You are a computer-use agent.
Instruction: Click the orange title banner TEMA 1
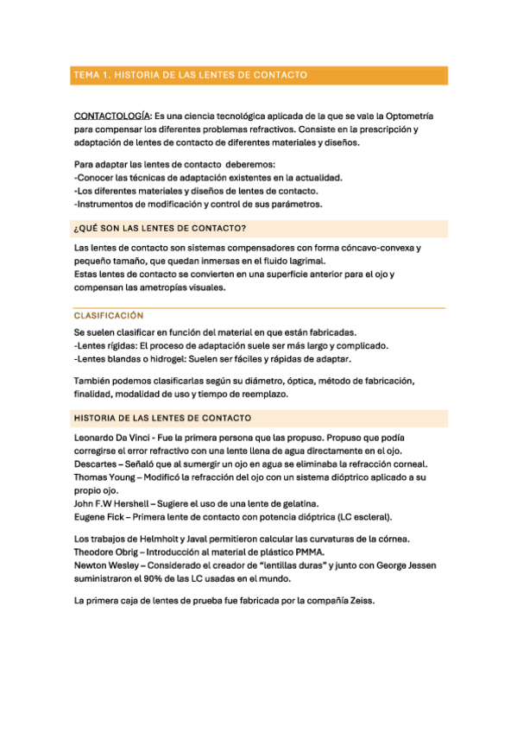click(x=258, y=75)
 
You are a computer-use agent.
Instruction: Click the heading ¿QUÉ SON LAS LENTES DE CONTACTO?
click(x=161, y=229)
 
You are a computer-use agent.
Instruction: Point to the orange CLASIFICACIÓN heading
click(x=109, y=316)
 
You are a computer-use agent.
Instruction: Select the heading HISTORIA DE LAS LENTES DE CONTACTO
click(x=163, y=419)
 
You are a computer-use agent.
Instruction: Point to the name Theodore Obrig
click(x=111, y=552)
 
